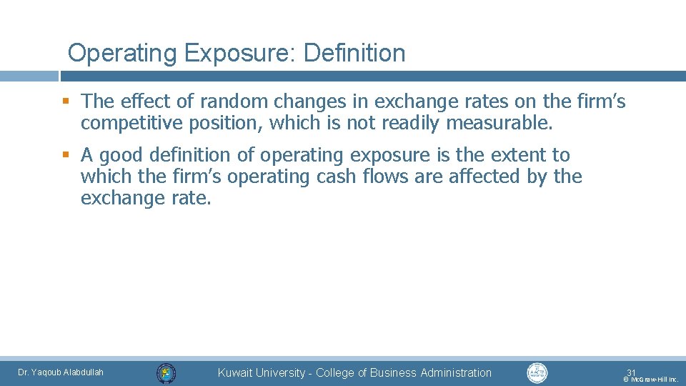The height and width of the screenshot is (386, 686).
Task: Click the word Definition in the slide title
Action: click(x=354, y=53)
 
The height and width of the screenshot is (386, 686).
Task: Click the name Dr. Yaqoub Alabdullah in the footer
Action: click(x=61, y=372)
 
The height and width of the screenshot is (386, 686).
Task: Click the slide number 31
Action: click(x=631, y=372)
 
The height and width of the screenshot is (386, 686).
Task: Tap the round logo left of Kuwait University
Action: click(x=166, y=372)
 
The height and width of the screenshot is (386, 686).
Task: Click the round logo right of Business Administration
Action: click(x=537, y=372)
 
